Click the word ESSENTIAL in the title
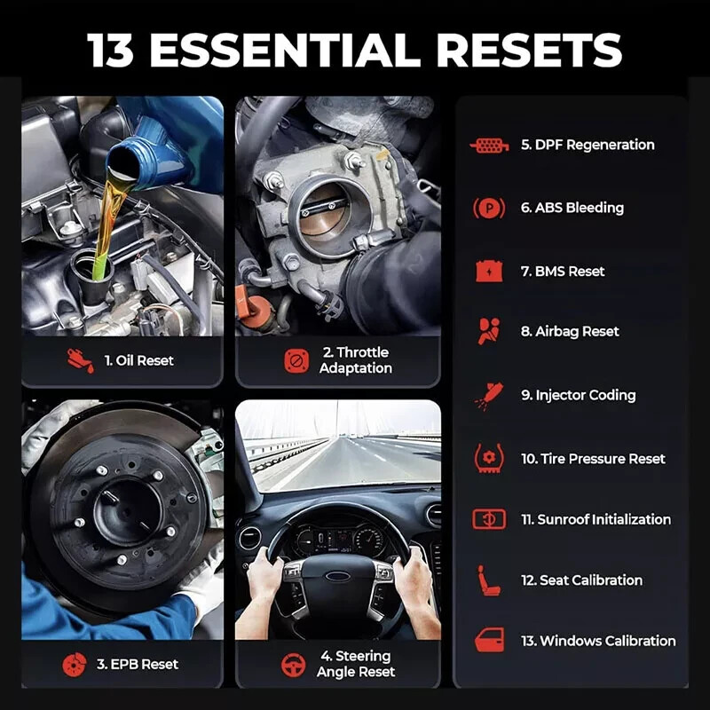tap(285, 50)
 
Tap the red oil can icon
tap(81, 361)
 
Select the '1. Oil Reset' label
tap(139, 360)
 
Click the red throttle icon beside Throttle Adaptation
tap(296, 360)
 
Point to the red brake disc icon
tap(75, 665)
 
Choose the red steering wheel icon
tap(294, 665)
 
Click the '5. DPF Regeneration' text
tap(588, 145)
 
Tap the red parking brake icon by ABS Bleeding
tap(489, 209)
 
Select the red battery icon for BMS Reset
tap(489, 272)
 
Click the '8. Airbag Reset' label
tap(570, 331)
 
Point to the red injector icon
tap(489, 395)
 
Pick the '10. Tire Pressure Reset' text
tap(593, 459)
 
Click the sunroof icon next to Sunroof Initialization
tap(489, 519)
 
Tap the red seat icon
tap(489, 580)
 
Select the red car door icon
tap(489, 640)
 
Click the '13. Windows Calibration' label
tap(598, 641)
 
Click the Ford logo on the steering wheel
tap(337, 576)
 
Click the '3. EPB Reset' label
tap(138, 664)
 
